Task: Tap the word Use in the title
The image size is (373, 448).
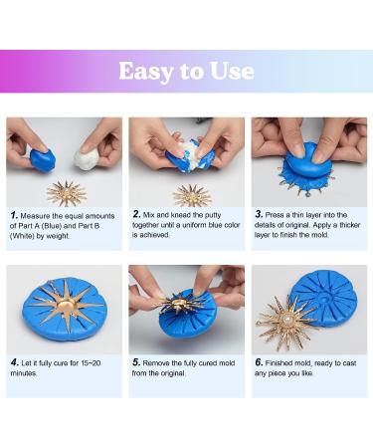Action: coord(232,71)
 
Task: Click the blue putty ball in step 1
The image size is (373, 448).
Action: coord(43,159)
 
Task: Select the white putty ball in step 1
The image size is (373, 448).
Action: coord(87,158)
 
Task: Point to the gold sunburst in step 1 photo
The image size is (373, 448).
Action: coord(67,194)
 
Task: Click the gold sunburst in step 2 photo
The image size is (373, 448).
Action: coord(192,196)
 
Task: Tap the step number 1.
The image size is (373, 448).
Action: coord(14,215)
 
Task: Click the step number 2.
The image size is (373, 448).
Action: coord(136,214)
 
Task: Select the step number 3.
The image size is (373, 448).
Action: coord(259,214)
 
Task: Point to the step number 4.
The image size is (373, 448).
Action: coord(14,362)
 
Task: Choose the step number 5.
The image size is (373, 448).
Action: coord(136,362)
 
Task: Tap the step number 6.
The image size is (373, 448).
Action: coord(259,362)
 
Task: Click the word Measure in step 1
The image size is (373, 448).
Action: coord(36,216)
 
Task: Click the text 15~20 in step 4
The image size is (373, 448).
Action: coord(91,363)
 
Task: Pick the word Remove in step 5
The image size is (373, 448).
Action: coord(156,363)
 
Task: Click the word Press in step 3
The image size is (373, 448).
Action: coord(275,215)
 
